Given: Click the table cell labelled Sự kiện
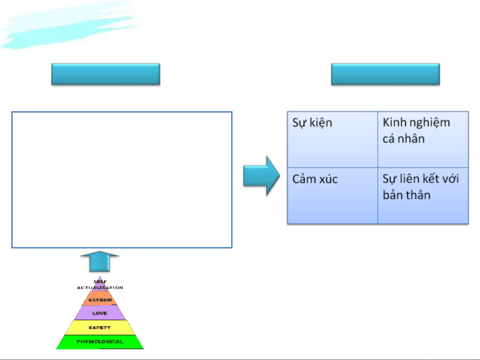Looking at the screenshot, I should pyautogui.click(x=332, y=140).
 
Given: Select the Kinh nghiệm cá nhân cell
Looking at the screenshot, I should pyautogui.click(x=423, y=140).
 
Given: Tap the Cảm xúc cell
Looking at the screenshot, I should pyautogui.click(x=332, y=195).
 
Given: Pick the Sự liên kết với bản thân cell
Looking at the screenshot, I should pyautogui.click(x=423, y=195).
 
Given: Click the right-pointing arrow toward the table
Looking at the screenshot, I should pyautogui.click(x=261, y=176).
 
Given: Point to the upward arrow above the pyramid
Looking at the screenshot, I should pyautogui.click(x=99, y=261).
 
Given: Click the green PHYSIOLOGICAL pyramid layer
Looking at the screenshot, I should pyautogui.click(x=100, y=342).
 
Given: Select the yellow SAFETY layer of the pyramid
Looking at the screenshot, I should pyautogui.click(x=100, y=328).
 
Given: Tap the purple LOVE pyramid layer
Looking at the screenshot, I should pyautogui.click(x=100, y=313).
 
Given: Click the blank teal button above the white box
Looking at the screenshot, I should pyautogui.click(x=106, y=74).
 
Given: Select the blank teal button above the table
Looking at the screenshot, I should pyautogui.click(x=385, y=74).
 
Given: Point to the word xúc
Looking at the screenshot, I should pyautogui.click(x=328, y=179).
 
